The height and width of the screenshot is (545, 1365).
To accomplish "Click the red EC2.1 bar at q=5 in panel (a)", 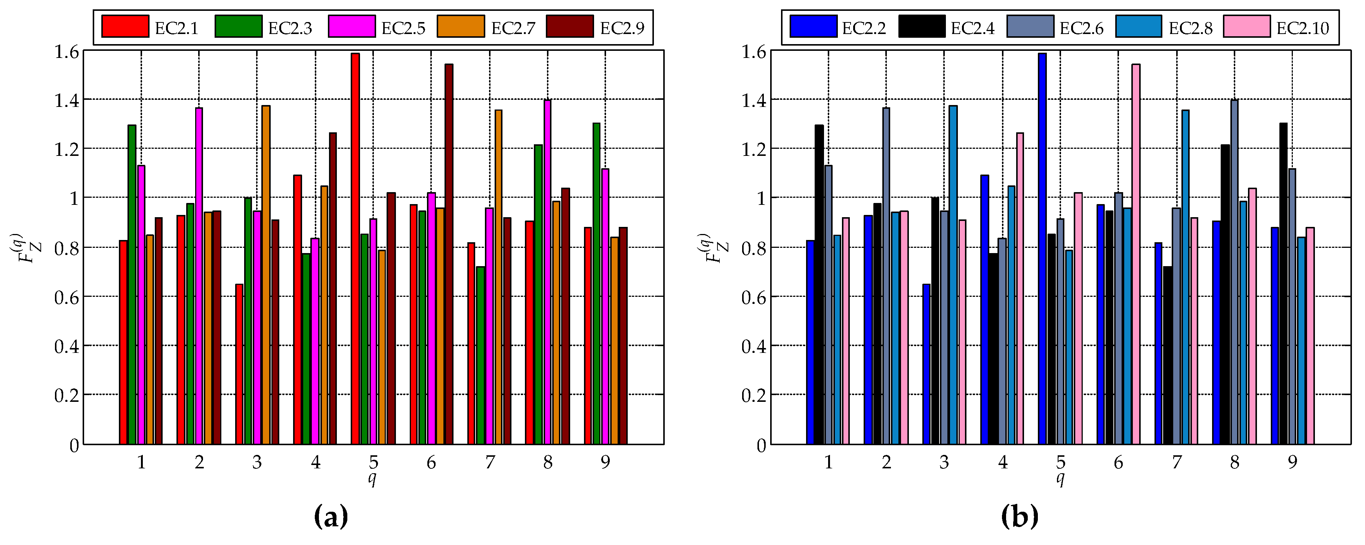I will coord(355,249).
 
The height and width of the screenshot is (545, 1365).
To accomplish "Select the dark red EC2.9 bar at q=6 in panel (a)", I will coord(449,254).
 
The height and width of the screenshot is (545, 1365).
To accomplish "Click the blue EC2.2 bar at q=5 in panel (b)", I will coord(1042,249).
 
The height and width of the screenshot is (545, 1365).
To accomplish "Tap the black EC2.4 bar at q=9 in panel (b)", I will coord(1283,283).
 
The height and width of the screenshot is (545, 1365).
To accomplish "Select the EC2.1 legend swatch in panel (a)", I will coord(125,27).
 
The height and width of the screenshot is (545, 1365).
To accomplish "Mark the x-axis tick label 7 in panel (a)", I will coord(490,463).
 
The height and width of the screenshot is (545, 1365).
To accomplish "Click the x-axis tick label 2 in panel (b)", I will coord(886,463).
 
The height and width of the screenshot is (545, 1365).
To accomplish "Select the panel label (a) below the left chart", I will coord(331,516).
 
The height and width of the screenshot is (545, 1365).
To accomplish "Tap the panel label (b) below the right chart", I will coord(1020,516).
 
